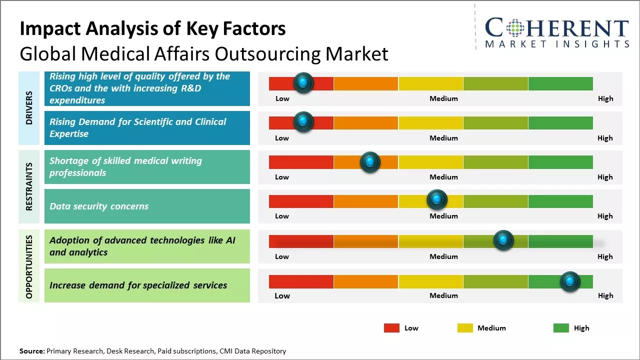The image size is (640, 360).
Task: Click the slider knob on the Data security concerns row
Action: pyautogui.click(x=437, y=200)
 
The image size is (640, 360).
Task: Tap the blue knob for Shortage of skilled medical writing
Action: pyautogui.click(x=370, y=162)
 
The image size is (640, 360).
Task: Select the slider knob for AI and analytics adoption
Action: pyautogui.click(x=503, y=240)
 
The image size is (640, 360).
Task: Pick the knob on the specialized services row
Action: pyautogui.click(x=570, y=281)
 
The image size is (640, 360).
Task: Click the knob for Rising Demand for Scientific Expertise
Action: pyautogui.click(x=303, y=122)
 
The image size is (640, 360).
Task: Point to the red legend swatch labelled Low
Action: pyautogui.click(x=391, y=328)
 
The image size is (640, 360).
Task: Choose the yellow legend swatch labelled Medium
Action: pyautogui.click(x=465, y=328)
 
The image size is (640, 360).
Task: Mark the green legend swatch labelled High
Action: pyautogui.click(x=561, y=328)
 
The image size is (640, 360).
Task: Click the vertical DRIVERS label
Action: pyautogui.click(x=29, y=108)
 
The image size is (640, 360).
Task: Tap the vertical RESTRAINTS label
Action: pyautogui.click(x=29, y=186)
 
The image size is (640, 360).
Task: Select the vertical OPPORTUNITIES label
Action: pyautogui.click(x=29, y=267)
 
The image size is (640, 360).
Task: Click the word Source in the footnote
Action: pyautogui.click(x=31, y=351)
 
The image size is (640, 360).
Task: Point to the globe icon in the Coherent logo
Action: pyautogui.click(x=514, y=28)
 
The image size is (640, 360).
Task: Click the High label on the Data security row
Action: pyautogui.click(x=605, y=216)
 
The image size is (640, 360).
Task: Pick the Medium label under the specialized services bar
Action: pyautogui.click(x=443, y=295)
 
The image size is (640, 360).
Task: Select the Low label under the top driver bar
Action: pyautogui.click(x=282, y=98)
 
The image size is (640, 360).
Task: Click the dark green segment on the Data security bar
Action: pyautogui.click(x=560, y=201)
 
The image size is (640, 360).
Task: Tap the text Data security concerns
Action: pyautogui.click(x=99, y=206)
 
